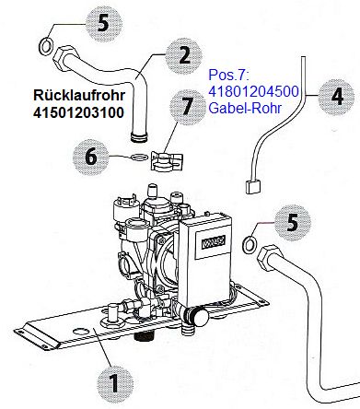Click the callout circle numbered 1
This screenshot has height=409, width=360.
115,383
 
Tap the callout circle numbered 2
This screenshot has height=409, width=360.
184,56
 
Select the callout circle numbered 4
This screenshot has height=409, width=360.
337,97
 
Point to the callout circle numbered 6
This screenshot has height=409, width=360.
91,158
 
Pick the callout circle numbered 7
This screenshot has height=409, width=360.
188,107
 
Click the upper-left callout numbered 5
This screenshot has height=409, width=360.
104,24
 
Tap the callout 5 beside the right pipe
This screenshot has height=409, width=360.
293,223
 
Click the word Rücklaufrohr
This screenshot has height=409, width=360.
79,95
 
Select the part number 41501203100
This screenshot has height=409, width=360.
78,112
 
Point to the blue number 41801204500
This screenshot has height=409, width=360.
253,91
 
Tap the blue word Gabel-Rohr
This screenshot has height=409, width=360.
245,108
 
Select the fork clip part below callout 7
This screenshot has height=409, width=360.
167,161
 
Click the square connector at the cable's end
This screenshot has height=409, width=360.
253,187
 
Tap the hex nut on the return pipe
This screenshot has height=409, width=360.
65,58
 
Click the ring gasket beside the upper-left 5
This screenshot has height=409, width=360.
46,47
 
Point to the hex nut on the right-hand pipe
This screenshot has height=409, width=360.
270,258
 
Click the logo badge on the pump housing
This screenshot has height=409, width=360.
214,242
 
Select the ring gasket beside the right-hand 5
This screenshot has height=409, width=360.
249,245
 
